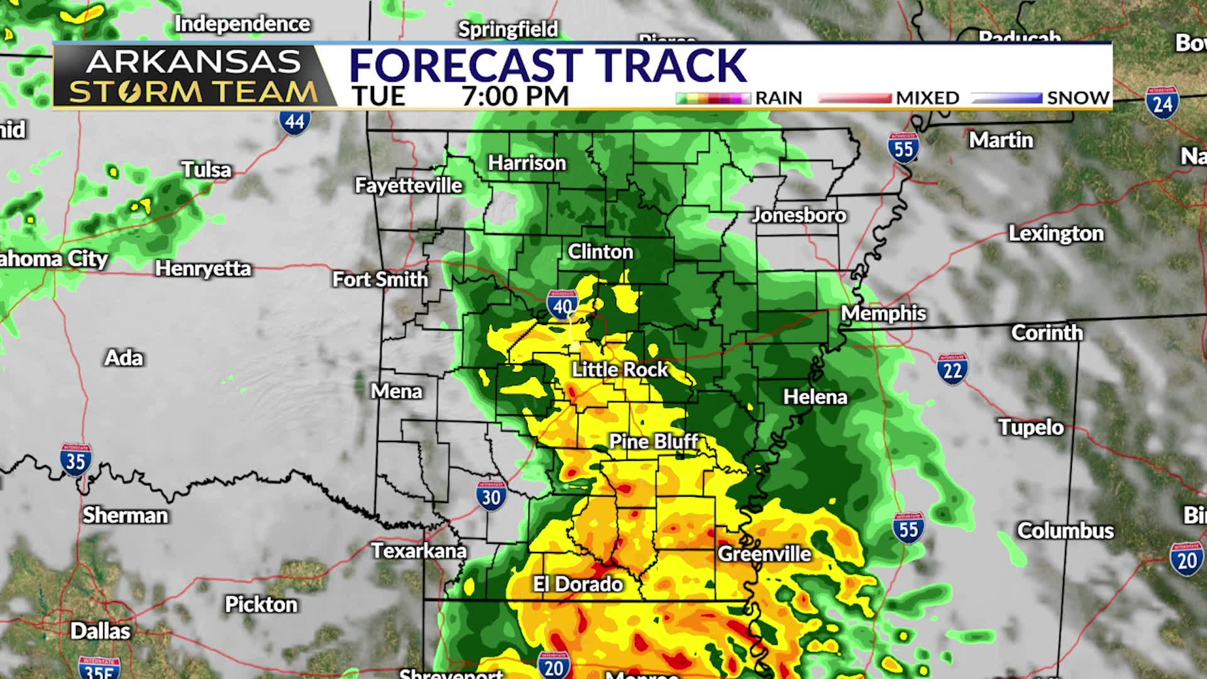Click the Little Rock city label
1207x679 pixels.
[619, 369]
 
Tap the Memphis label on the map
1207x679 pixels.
[883, 313]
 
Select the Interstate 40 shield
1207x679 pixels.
[562, 305]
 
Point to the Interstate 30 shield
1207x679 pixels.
[491, 496]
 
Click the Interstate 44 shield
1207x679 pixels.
[294, 120]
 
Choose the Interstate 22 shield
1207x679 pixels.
[952, 369]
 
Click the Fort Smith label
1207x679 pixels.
[380, 279]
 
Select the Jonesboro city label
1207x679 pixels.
[799, 215]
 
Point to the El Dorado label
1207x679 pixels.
[578, 584]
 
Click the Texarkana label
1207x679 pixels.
[419, 551]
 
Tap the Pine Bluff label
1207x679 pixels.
[654, 441]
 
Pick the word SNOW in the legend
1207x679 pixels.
[1078, 98]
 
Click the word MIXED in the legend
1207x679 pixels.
[927, 98]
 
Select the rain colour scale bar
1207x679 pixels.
[714, 99]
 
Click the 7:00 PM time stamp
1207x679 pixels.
[515, 96]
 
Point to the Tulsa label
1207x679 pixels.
[206, 170]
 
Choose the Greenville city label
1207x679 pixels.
[764, 554]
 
